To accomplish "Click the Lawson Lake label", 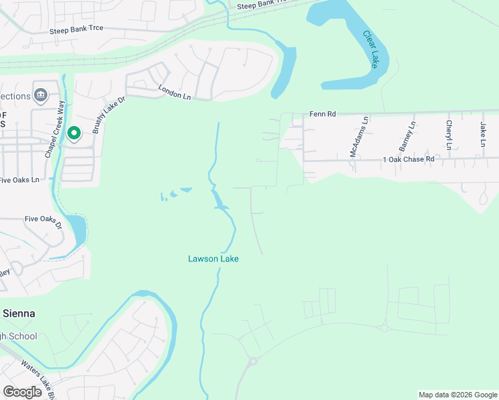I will [213, 259].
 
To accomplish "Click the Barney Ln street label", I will [407, 137].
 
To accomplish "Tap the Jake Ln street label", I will [483, 134].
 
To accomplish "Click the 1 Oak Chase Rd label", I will [408, 159].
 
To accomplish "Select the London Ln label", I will [174, 93].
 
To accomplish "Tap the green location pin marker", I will [73, 133].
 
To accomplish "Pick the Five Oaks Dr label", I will [43, 221].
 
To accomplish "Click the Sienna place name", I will [19, 313].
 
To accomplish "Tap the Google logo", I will [22, 392].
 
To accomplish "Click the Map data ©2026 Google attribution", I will [457, 395].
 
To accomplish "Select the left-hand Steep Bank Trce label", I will [79, 31].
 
